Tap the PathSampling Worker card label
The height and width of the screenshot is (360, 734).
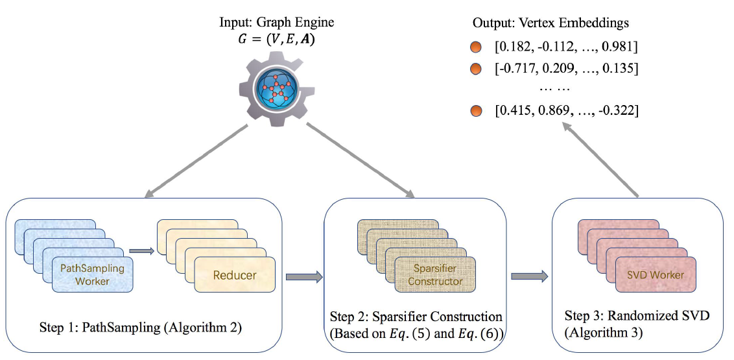91,274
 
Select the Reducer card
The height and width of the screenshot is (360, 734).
235,275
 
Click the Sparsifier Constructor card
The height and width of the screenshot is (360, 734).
435,274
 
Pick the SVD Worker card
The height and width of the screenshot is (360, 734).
656,275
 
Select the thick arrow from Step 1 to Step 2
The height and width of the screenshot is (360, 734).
303,278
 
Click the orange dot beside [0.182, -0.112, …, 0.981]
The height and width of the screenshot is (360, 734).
477,47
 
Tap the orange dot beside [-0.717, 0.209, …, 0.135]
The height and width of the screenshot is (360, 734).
477,68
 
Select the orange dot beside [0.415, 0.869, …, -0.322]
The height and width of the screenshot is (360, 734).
477,111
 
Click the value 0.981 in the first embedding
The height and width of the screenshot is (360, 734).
620,47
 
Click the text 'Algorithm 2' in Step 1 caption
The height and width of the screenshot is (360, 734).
205,328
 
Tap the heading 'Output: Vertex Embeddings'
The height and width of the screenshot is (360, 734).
550,23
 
